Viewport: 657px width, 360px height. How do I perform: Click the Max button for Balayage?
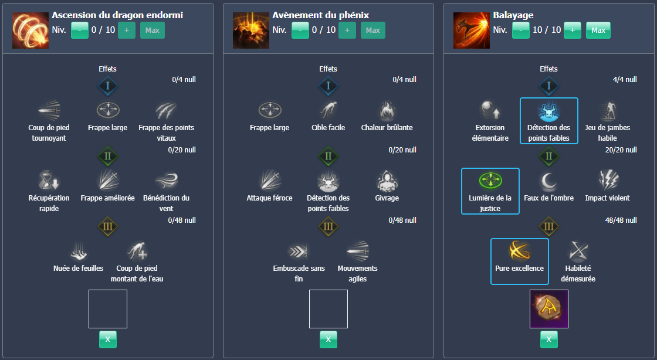click(x=598, y=30)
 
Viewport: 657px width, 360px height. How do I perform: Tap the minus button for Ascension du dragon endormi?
click(x=80, y=30)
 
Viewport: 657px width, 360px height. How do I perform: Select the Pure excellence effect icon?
click(x=519, y=251)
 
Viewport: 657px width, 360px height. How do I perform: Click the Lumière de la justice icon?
click(x=490, y=181)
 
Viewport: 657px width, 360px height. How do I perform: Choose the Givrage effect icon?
click(x=387, y=181)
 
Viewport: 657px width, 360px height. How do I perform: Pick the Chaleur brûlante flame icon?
click(x=387, y=110)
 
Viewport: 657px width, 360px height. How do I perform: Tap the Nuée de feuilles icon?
click(x=79, y=251)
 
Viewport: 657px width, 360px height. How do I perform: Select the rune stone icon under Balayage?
click(x=548, y=309)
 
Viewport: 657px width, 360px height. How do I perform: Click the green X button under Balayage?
click(x=548, y=339)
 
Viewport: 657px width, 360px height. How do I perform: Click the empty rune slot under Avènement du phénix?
click(x=328, y=309)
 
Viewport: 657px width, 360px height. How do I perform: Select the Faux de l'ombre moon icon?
click(x=548, y=181)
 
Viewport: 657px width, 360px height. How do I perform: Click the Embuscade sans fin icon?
click(x=299, y=251)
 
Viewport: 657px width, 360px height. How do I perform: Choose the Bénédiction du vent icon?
click(x=166, y=181)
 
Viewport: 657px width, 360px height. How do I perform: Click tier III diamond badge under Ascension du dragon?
click(x=107, y=226)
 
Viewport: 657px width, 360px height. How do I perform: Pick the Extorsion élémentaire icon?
click(x=490, y=110)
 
